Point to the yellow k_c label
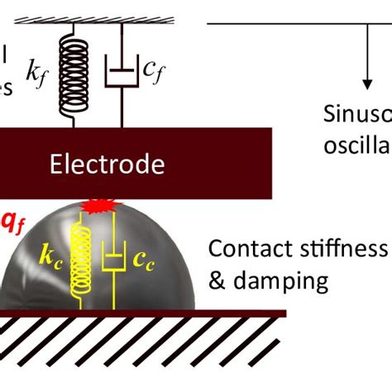click(50, 256)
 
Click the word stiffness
click(334, 249)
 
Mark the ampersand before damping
click(218, 281)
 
